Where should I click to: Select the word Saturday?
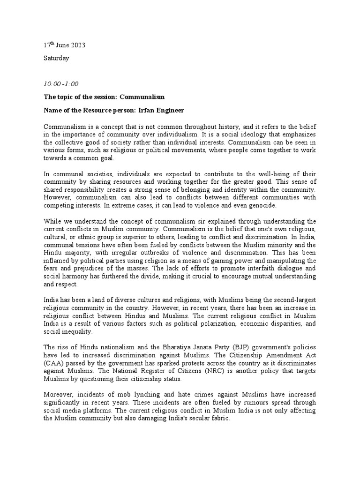coord(56,58)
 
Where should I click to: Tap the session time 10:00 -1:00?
coord(61,84)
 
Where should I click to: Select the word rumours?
coord(245,403)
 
